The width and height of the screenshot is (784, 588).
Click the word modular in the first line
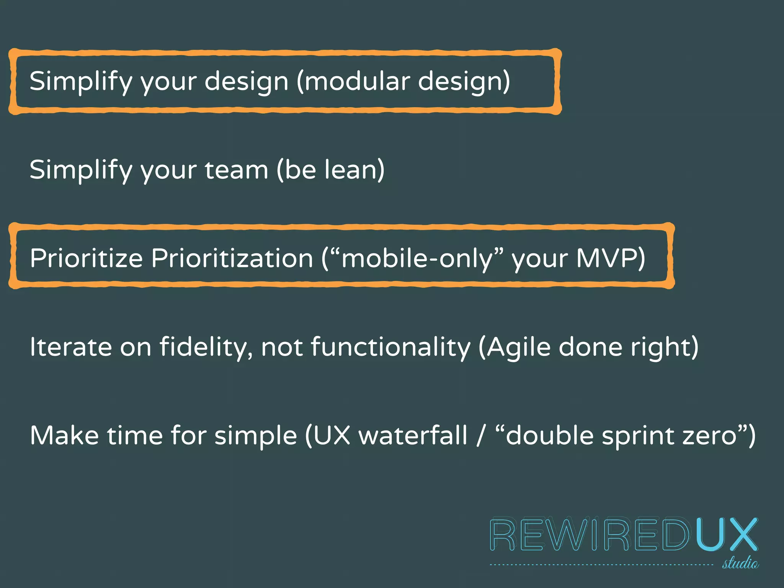(357, 81)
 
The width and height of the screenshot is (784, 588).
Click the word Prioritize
(86, 258)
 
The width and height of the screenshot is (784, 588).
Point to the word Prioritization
(232, 258)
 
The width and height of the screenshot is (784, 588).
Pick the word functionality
(390, 347)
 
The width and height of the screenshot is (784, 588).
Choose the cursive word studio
(740, 563)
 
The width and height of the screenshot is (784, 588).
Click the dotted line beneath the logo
(601, 565)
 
